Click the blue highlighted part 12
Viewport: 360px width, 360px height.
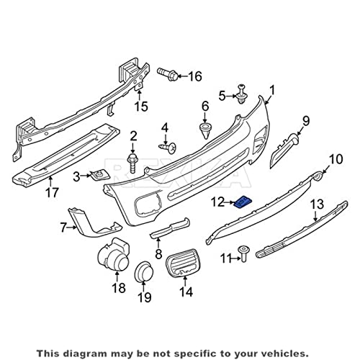point(243,201)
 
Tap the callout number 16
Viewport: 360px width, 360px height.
point(194,76)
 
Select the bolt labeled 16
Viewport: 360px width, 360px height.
point(168,73)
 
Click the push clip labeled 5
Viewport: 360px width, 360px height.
point(242,94)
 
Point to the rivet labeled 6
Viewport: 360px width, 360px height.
point(205,131)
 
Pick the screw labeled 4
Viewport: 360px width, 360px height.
point(168,148)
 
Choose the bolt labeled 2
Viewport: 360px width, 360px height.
point(132,163)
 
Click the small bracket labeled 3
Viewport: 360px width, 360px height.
point(100,176)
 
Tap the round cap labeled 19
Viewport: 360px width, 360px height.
point(144,271)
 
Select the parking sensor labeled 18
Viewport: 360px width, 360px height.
point(113,255)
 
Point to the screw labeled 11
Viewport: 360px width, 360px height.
point(243,253)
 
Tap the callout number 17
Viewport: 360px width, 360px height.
point(52,192)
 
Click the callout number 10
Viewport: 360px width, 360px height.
point(336,159)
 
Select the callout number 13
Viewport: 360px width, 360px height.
point(318,204)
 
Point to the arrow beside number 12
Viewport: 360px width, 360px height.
point(230,203)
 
